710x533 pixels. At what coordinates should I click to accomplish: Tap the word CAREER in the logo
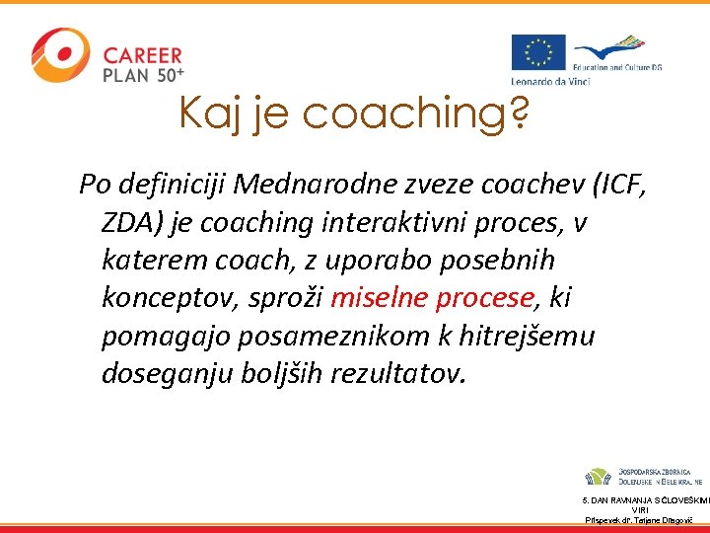pyautogui.click(x=143, y=54)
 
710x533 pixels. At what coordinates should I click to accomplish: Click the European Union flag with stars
pyautogui.click(x=538, y=53)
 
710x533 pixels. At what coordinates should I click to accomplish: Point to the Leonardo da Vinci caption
pyautogui.click(x=550, y=80)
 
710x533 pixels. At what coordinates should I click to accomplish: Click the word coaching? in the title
pyautogui.click(x=415, y=114)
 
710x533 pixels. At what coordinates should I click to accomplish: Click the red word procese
pyautogui.click(x=482, y=298)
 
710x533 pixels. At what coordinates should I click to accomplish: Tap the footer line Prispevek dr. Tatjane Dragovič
pyautogui.click(x=645, y=519)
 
